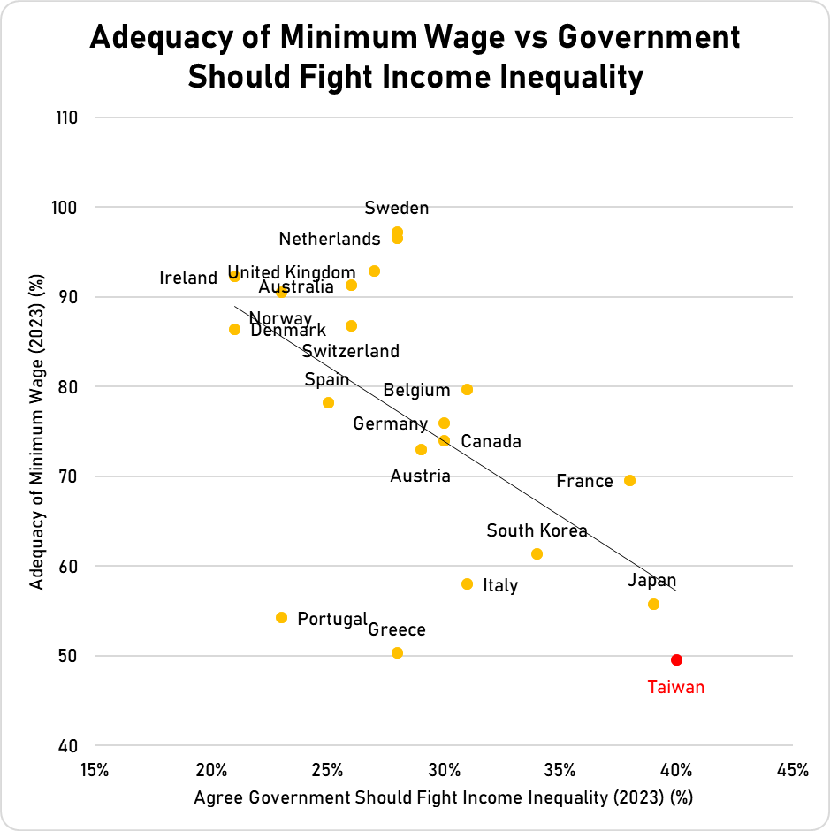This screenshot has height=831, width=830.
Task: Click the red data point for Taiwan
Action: coord(676,659)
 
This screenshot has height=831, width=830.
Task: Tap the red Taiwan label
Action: coord(676,687)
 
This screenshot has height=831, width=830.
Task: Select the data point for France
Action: coord(629,480)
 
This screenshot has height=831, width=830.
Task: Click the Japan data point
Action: coord(653,604)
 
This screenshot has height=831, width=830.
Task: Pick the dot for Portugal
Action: coord(281,617)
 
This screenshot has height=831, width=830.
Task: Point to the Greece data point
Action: coord(397,652)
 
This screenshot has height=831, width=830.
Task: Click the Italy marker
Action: coord(467,583)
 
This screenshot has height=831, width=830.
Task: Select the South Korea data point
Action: coord(537,553)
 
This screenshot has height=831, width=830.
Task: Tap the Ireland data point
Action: coord(234,276)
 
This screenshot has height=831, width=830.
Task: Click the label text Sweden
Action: coord(397,209)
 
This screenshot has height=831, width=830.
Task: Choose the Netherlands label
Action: coord(330,239)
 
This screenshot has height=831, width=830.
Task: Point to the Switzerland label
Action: coord(351,351)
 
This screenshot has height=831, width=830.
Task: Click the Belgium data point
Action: coord(467,389)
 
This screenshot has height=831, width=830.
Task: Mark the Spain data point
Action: coord(328,402)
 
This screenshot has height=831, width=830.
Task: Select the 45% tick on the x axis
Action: coord(792,769)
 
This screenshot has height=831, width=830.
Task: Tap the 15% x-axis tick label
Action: coord(94,769)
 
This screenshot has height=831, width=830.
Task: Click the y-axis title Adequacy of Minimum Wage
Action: coord(36,432)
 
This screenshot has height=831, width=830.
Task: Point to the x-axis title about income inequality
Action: coord(443,798)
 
